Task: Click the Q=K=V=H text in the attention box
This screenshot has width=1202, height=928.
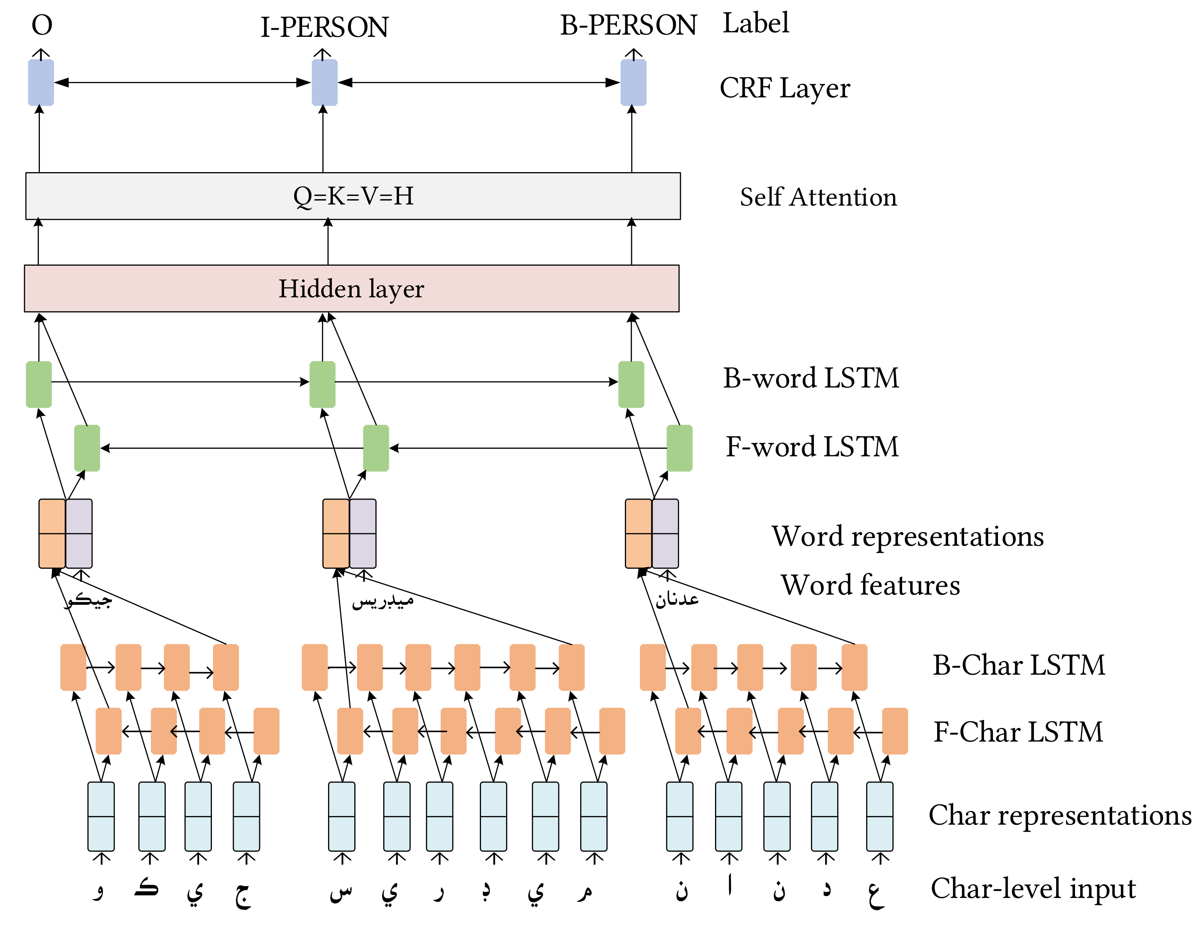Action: pos(353,196)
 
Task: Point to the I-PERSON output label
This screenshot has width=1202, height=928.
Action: pos(324,27)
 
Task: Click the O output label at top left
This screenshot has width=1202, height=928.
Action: pos(42,25)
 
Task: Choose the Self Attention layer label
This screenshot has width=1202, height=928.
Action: pos(818,197)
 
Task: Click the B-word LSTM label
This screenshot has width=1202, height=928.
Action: pos(811,378)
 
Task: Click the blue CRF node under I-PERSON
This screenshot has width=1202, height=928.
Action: pos(324,83)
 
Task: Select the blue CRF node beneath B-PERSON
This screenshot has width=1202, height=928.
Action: pos(633,83)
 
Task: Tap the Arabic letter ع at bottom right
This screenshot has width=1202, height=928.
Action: pos(875,893)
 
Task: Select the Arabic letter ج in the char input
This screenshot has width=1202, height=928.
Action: pos(243,893)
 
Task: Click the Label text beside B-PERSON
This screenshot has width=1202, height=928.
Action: pos(755,23)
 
